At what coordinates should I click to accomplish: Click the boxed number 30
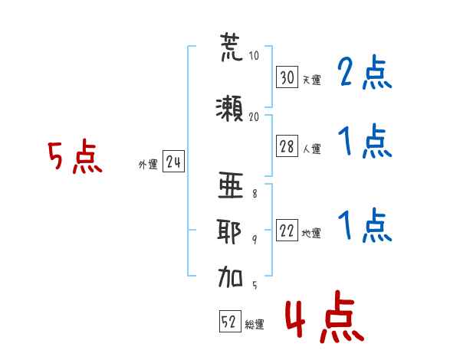coord(287,77)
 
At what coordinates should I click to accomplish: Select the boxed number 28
coord(287,147)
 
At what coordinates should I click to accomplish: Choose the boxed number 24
coord(173,162)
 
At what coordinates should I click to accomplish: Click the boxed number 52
coord(228,323)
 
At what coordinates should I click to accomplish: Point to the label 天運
coord(311,80)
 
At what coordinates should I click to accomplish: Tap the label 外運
coord(148,164)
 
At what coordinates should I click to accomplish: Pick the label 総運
coord(255,325)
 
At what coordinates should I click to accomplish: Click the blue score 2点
coord(366,74)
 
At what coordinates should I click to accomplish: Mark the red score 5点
coord(74,157)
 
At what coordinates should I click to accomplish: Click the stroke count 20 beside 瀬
coord(255,116)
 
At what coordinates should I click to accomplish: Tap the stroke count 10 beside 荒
coord(255,55)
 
